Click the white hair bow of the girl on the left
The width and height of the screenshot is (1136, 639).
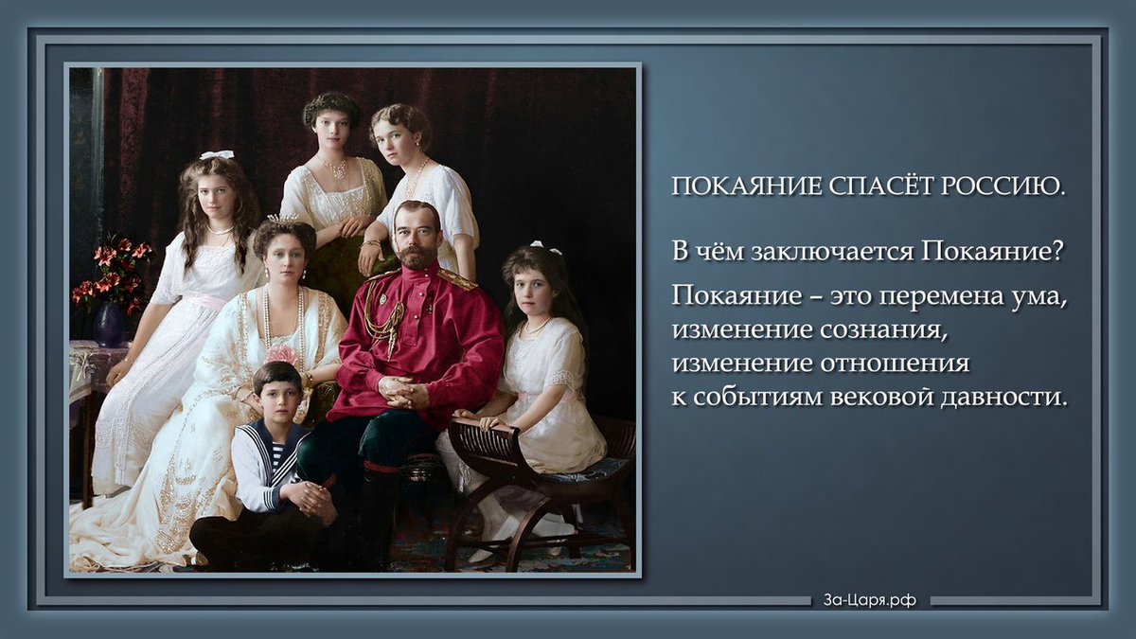click(x=217, y=154)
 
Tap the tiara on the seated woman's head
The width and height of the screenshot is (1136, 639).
click(x=283, y=220)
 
